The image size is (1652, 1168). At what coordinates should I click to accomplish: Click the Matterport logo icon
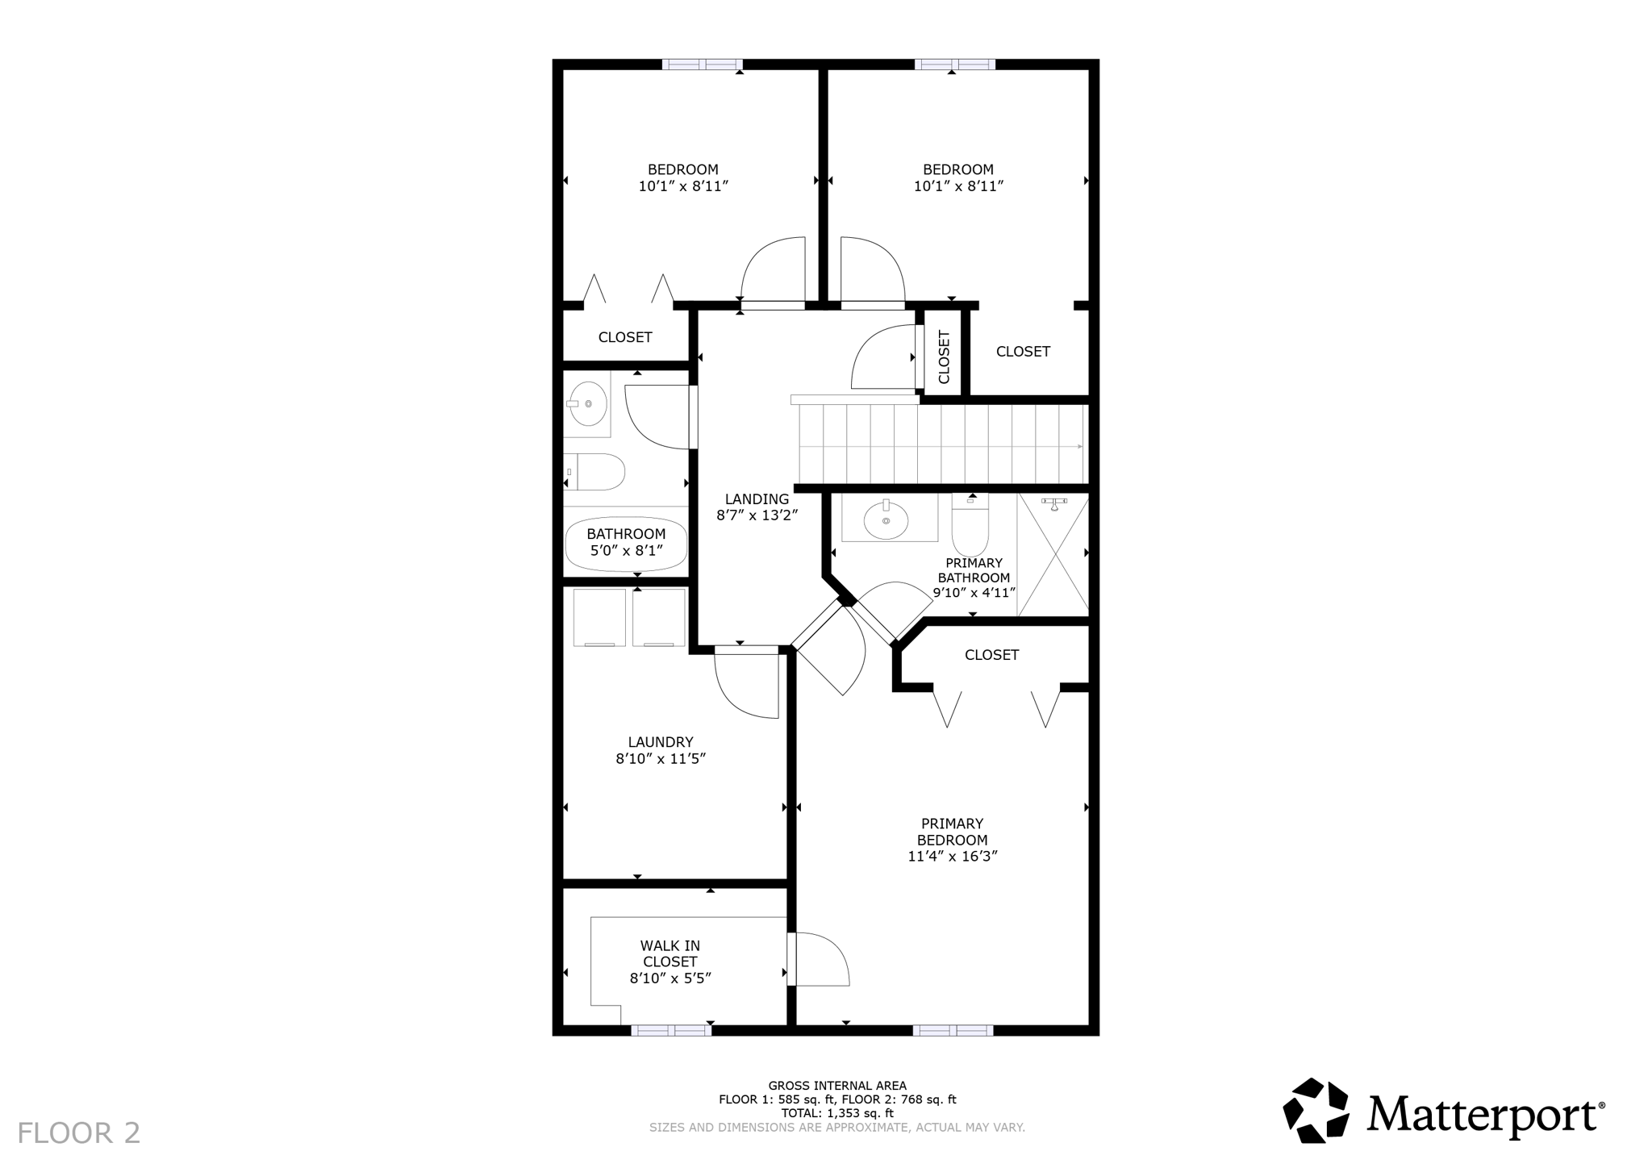coord(1316,1110)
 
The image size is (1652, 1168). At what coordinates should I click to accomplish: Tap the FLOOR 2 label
coord(79,1133)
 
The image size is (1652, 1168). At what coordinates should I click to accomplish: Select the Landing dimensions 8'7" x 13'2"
coord(757,515)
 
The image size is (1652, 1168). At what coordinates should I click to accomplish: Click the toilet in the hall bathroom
coord(597,472)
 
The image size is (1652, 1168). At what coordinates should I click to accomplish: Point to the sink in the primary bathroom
coord(886,520)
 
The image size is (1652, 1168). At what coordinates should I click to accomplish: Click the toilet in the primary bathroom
coord(970,527)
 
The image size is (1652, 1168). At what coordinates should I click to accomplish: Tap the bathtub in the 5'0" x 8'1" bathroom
coord(626,544)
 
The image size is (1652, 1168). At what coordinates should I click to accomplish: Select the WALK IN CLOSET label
coord(670,953)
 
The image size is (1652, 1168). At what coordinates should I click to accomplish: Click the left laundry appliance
coord(599,617)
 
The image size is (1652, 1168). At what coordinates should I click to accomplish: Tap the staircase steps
coord(941,444)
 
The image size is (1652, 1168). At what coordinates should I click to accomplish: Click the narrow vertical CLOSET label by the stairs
coord(944,357)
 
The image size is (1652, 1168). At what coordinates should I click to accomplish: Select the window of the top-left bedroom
coord(702,65)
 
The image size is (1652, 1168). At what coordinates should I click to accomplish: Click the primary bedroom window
coord(953,1030)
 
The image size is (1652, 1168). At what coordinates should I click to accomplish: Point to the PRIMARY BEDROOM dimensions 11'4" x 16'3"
coord(953,857)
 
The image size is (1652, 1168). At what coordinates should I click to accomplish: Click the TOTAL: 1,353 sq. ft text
coord(837,1113)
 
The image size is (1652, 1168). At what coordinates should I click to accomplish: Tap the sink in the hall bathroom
coord(587,403)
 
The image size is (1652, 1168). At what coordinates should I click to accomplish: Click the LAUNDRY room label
coord(661,742)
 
